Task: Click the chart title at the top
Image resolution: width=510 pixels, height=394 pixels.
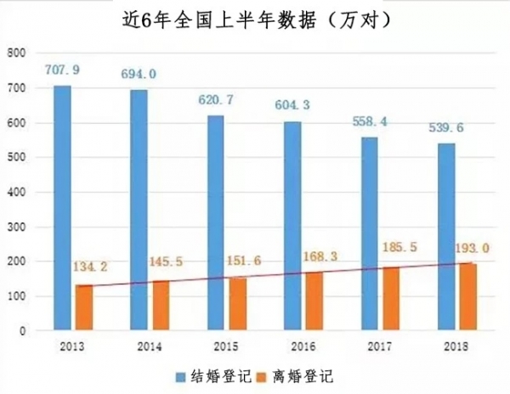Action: click(x=255, y=19)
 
